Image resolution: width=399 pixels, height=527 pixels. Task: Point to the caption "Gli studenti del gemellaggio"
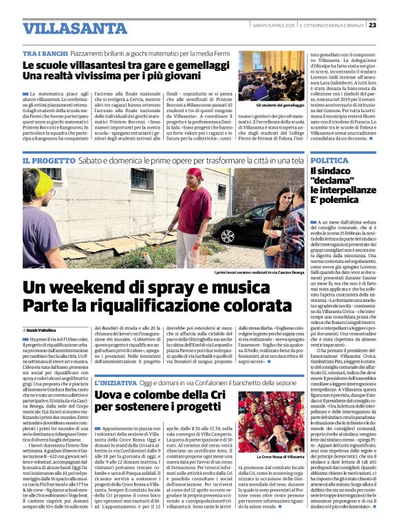(269, 105)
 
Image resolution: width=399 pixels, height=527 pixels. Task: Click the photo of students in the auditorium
(270, 74)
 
